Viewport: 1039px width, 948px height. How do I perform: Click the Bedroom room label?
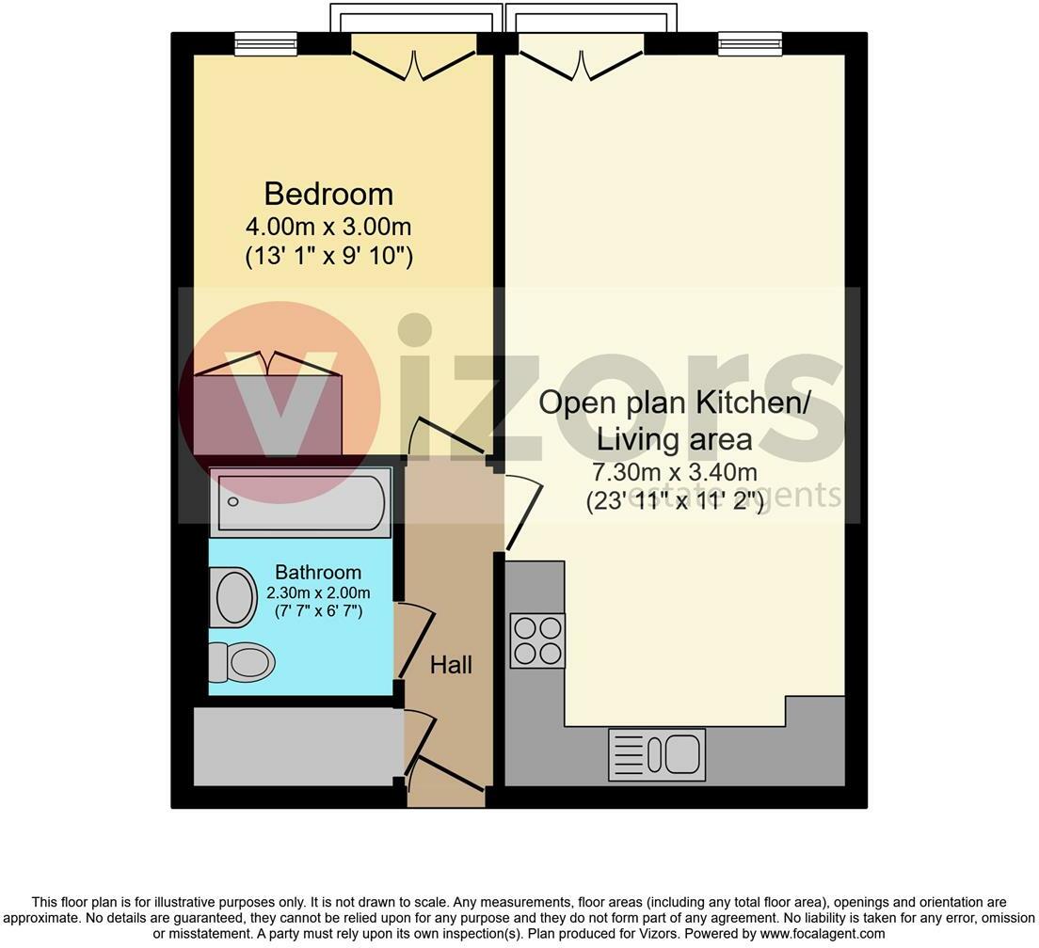[328, 194]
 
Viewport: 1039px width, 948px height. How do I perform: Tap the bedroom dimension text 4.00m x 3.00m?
[328, 228]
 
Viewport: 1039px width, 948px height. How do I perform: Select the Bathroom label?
[318, 572]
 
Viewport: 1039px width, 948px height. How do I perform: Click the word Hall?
[451, 665]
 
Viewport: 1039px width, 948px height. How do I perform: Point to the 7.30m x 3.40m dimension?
[673, 472]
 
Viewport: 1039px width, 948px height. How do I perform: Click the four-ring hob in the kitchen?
[537, 640]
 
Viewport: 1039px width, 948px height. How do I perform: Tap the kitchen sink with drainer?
[657, 754]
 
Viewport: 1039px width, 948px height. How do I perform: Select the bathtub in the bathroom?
[300, 501]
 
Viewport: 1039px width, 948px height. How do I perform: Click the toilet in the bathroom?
[241, 662]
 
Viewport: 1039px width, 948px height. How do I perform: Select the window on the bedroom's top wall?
[265, 42]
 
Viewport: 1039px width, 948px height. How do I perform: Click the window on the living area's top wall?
[750, 42]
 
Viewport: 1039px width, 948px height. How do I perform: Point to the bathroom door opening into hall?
[415, 640]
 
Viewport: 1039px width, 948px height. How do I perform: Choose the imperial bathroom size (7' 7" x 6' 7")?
[318, 611]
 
